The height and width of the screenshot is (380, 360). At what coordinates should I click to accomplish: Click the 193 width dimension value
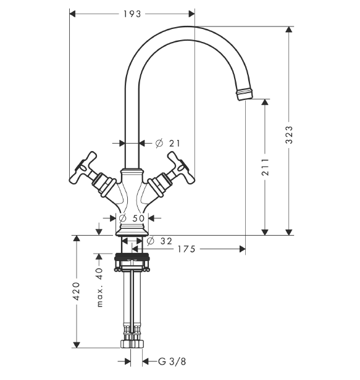coord(132,14)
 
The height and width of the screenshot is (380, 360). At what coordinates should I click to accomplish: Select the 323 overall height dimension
coord(289,134)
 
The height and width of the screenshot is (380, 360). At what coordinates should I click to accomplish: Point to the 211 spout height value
coord(265,167)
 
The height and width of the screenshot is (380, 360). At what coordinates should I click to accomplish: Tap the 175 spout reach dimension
coord(186,249)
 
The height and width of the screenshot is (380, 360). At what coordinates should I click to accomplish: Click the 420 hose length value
coord(77,291)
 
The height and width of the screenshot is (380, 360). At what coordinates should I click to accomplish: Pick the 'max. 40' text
coord(99,287)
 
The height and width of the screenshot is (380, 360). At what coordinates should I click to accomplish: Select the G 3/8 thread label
coord(172,361)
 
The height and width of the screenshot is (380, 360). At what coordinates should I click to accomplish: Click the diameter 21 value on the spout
coord(168,144)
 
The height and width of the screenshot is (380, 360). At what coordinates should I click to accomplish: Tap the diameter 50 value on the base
coord(132,218)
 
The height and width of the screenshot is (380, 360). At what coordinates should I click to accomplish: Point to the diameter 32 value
coord(160,241)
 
